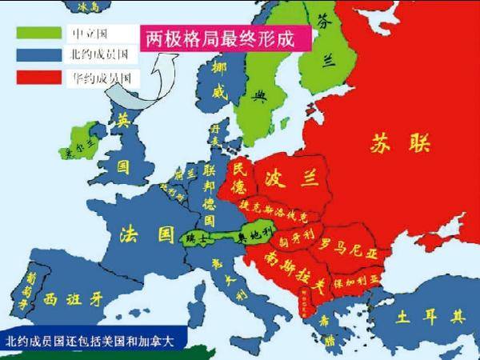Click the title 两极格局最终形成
215,38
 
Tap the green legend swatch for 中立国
40,34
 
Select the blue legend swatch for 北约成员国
40,55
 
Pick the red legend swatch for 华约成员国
40,78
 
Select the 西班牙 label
74,300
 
